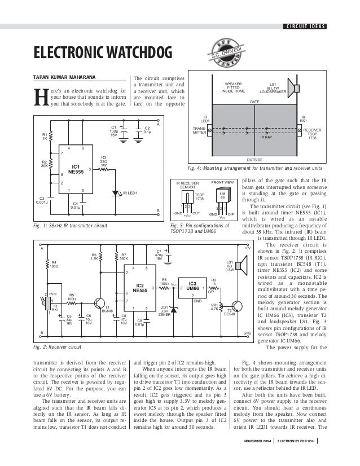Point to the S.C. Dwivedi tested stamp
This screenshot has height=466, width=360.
[225, 53]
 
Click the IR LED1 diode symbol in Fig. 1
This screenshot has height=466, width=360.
[116, 193]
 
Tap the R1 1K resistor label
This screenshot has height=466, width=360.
[45, 137]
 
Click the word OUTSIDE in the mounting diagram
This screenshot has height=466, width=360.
[256, 160]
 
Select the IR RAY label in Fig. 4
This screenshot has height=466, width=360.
[266, 137]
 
